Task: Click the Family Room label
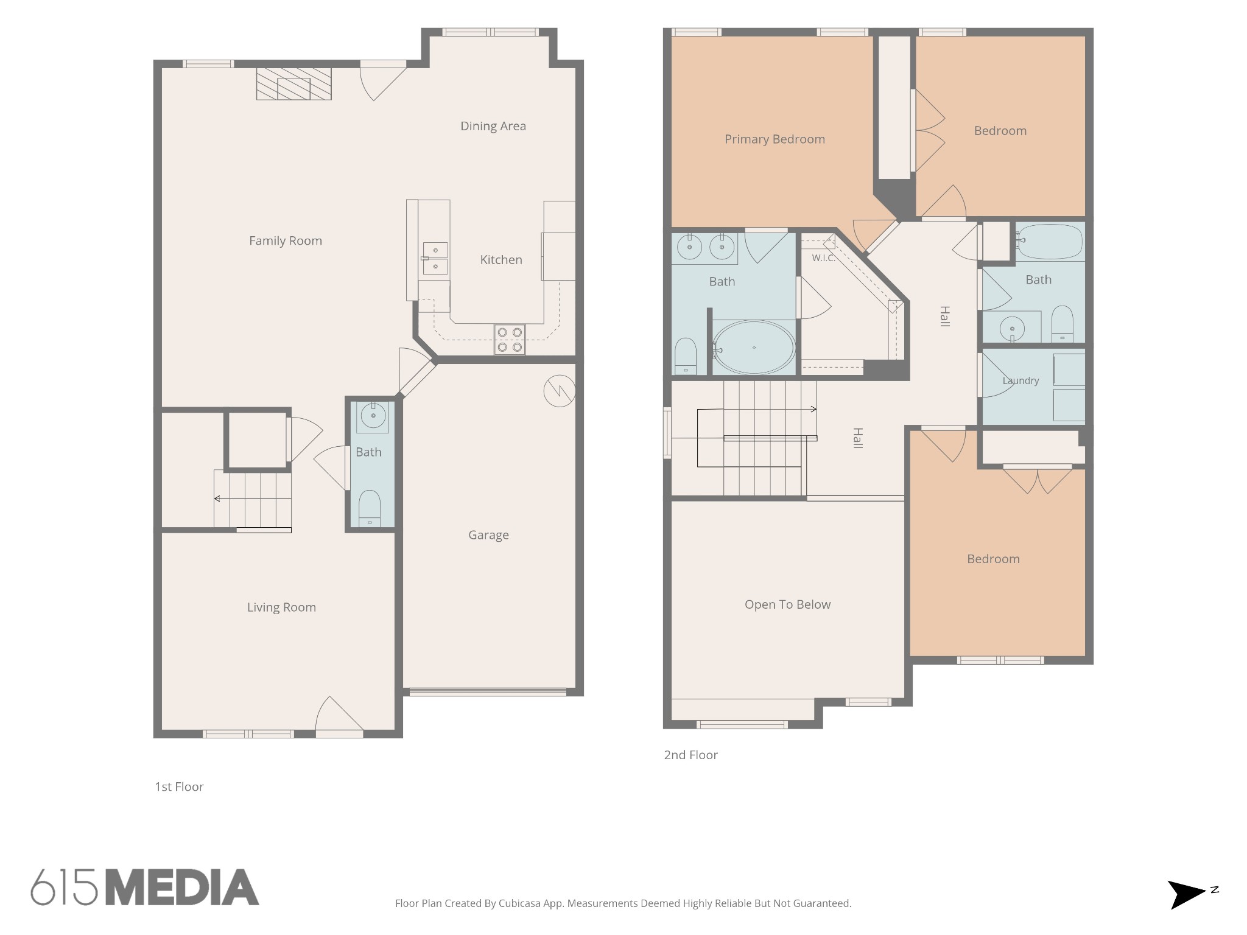click(x=286, y=241)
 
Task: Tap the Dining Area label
click(x=493, y=126)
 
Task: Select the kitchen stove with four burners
click(x=510, y=340)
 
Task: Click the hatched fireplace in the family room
click(x=293, y=83)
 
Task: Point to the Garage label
click(x=488, y=535)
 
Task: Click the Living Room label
click(x=281, y=608)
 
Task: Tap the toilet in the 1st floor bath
click(x=370, y=508)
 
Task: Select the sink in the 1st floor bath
click(x=373, y=417)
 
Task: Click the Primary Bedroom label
click(x=775, y=139)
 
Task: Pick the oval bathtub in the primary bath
click(x=754, y=348)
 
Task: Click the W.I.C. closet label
click(x=823, y=258)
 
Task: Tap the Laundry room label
click(x=1020, y=381)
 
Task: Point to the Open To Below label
click(x=787, y=604)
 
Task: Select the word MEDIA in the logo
click(x=182, y=888)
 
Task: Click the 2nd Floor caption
click(x=690, y=755)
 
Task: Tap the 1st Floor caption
click(x=179, y=786)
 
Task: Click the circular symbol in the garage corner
click(x=559, y=391)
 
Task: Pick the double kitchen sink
click(x=435, y=259)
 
